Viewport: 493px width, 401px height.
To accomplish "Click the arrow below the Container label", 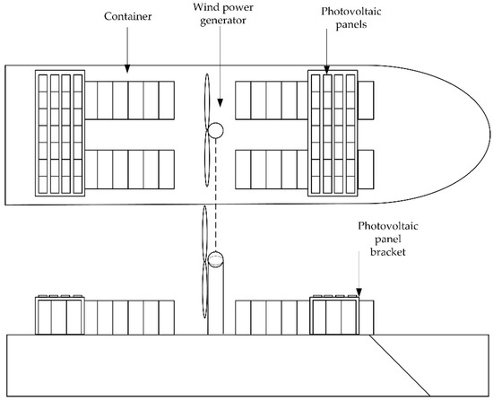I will click(x=127, y=58).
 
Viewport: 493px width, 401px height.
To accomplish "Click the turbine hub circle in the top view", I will click(x=215, y=131).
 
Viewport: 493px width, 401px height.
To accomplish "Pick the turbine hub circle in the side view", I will click(x=215, y=260).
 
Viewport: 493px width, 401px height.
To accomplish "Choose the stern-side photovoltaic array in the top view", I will click(x=59, y=133).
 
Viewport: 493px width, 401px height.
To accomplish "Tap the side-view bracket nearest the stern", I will click(x=59, y=314).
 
